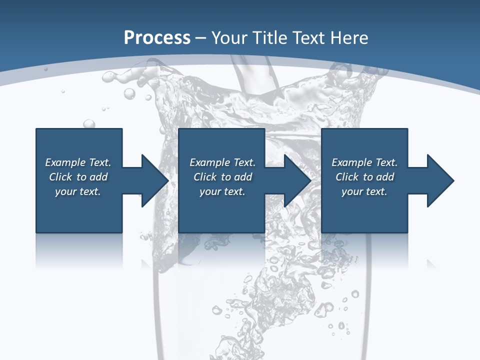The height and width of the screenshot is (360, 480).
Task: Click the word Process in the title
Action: pos(157,38)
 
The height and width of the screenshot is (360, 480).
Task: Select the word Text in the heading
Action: pos(309,38)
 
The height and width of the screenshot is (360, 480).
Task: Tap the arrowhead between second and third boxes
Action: pos(297,180)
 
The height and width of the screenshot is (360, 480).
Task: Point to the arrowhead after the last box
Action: pos(440,180)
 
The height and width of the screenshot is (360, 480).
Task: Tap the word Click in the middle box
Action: pos(205,177)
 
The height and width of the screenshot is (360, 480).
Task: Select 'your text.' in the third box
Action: pos(364,191)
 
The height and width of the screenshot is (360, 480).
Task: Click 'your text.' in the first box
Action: pos(78,191)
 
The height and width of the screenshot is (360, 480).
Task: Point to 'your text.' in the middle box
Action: pos(222,191)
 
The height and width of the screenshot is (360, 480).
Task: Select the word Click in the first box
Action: pos(60,177)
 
